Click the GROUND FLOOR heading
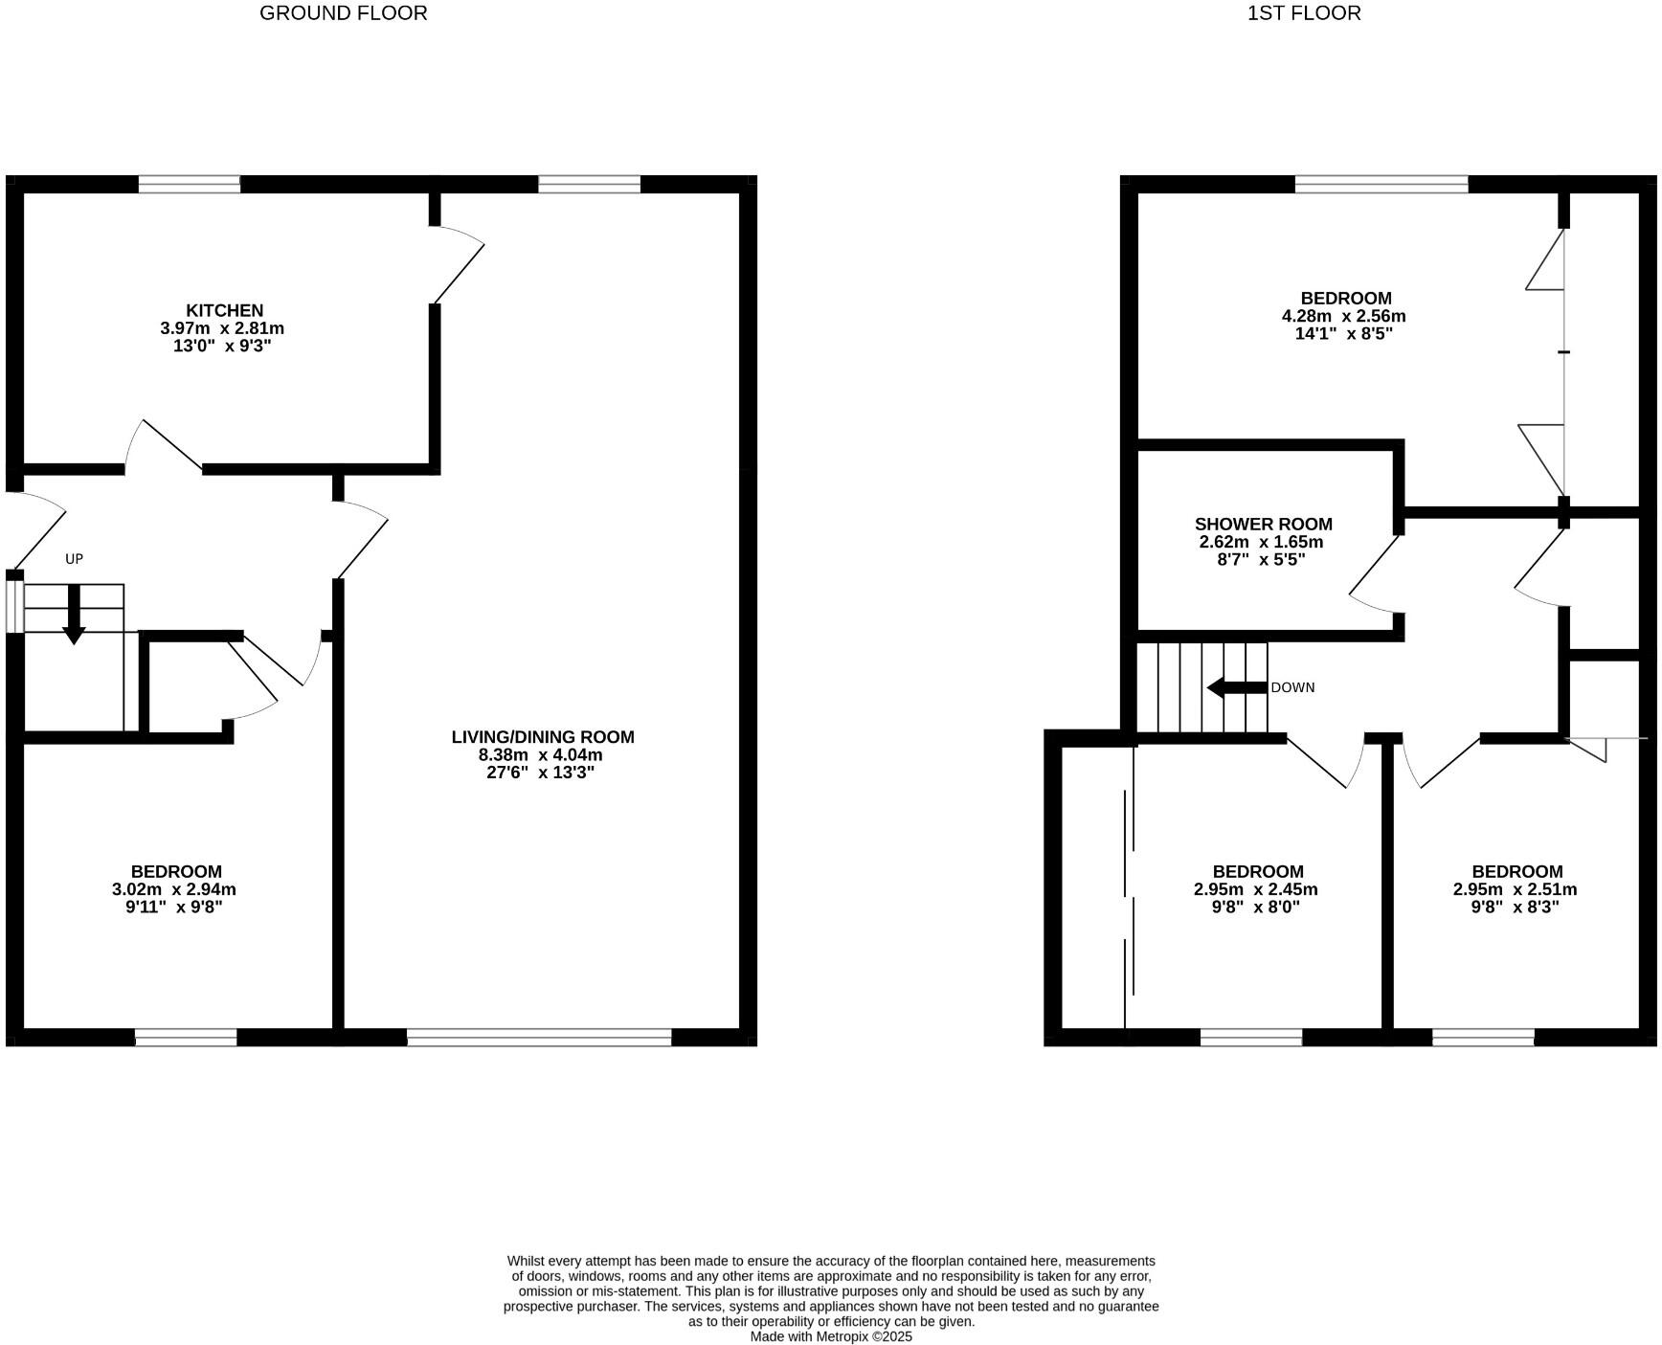coord(343,13)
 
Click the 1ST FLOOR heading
coord(1303,13)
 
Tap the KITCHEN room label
coord(224,310)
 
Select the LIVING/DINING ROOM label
coord(542,737)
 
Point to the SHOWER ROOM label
coord(1263,524)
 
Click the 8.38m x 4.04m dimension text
coord(541,754)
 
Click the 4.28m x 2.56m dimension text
coord(1343,316)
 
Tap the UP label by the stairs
coord(74,558)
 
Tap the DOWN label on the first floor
coord(1292,687)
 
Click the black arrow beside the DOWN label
coord(1236,687)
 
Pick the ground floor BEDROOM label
coord(176,871)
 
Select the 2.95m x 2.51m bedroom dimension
coord(1516,889)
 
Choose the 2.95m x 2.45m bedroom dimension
coord(1256,889)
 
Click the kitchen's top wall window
coord(189,184)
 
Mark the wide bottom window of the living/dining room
coord(539,1037)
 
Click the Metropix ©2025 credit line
coord(831,1336)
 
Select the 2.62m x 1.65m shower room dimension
coord(1261,542)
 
